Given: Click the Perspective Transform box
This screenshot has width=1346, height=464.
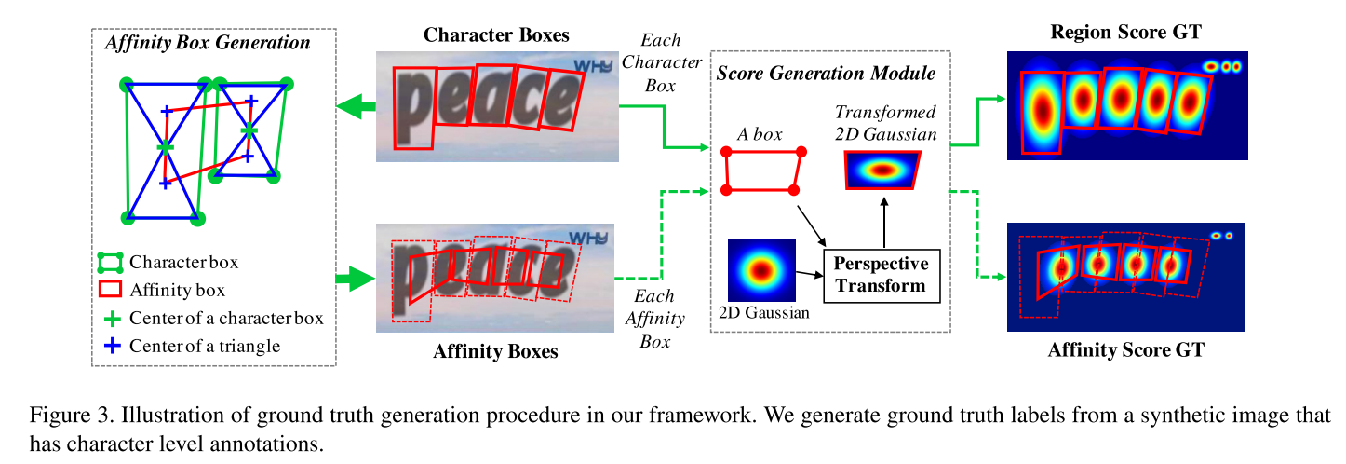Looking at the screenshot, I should [x=882, y=274].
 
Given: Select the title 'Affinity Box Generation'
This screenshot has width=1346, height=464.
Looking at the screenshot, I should [x=209, y=43].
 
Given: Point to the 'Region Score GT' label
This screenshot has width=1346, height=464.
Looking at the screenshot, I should [x=1125, y=33].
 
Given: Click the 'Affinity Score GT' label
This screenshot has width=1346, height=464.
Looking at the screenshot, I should [x=1125, y=350].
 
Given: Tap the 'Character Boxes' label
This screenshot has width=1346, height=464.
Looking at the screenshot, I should [x=496, y=35].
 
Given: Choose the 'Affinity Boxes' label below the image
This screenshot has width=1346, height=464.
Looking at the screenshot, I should [x=495, y=351].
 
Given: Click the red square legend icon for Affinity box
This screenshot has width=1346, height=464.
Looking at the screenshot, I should [x=111, y=290].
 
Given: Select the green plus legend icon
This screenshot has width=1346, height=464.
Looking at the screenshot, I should [x=111, y=318].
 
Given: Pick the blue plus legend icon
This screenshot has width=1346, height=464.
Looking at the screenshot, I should [x=111, y=346].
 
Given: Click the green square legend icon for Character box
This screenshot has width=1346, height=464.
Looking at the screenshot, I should [x=111, y=262].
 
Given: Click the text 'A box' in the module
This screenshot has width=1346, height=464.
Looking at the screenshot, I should [x=759, y=134].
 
